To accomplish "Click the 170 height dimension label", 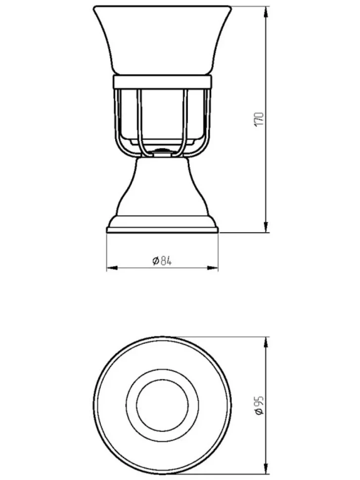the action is (x=259, y=120).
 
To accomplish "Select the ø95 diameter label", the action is (x=259, y=405).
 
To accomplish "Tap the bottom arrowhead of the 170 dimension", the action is (x=266, y=227).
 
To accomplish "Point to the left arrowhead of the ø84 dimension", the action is (x=112, y=268).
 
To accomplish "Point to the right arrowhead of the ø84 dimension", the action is (x=213, y=268).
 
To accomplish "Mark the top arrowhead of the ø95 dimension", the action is (x=266, y=342).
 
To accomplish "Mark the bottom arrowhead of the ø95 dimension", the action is (x=266, y=470).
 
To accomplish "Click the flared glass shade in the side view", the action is (x=162, y=40).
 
